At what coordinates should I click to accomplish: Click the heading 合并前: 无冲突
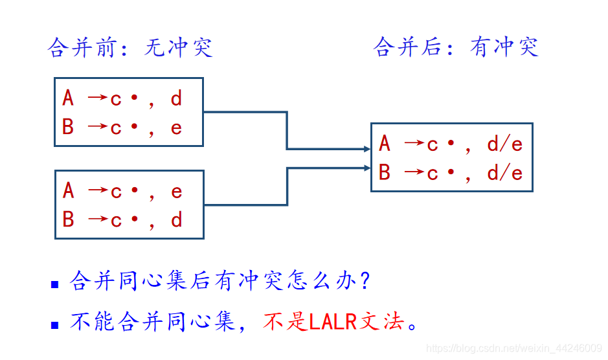[x=130, y=48]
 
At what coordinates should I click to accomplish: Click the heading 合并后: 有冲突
[x=456, y=47]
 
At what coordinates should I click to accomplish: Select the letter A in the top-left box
[x=68, y=98]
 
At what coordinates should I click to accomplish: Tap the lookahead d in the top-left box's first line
[x=176, y=98]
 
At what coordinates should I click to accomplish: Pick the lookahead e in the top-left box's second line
[x=176, y=128]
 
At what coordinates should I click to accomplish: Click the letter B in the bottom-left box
[x=68, y=220]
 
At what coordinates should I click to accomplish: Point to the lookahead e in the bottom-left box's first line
[x=176, y=192]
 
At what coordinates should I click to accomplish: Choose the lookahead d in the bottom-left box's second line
[x=176, y=220]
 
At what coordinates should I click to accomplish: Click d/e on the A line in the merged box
[x=504, y=144]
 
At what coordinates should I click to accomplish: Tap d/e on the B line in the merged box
[x=504, y=174]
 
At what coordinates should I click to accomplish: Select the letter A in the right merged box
[x=385, y=144]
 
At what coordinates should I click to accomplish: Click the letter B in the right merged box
[x=385, y=174]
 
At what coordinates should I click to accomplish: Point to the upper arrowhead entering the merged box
[x=367, y=149]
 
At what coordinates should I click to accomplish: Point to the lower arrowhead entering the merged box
[x=367, y=168]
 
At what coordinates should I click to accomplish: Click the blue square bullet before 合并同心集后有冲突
[x=55, y=284]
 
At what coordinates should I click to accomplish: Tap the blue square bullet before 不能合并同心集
[x=55, y=324]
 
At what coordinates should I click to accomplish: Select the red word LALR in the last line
[x=333, y=322]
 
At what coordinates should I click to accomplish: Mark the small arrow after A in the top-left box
[x=97, y=98]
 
